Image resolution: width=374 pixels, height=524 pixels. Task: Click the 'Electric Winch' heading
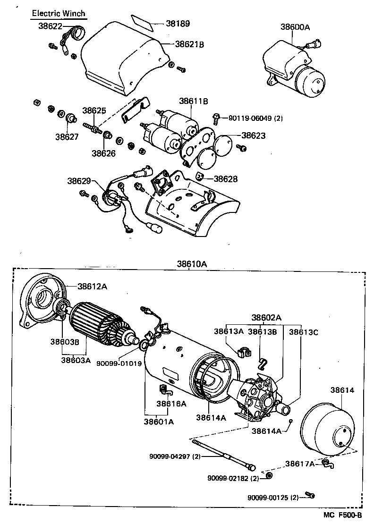[x=59, y=14]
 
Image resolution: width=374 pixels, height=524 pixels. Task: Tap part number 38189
[x=177, y=23]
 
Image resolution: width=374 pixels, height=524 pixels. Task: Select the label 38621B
[x=189, y=44]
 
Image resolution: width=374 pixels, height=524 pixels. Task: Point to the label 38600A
[x=295, y=27]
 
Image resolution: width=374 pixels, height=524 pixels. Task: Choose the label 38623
[x=254, y=135]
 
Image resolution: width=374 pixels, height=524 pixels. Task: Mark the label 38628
[x=226, y=179]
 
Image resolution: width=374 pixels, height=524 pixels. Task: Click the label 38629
[x=79, y=181]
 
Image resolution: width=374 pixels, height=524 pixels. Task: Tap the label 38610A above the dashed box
[x=192, y=264]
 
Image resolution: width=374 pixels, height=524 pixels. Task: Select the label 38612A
[x=93, y=286]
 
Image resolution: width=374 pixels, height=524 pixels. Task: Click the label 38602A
[x=266, y=317]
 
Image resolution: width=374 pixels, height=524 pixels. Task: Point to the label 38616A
[x=171, y=404]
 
